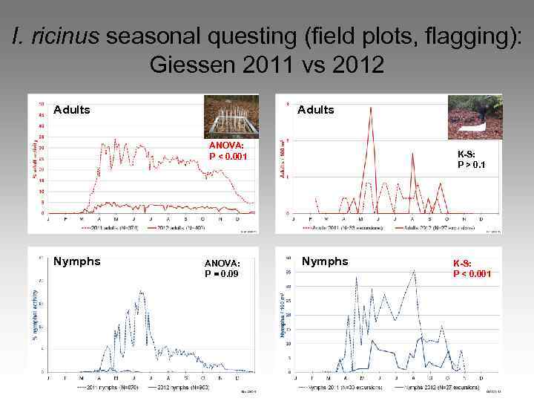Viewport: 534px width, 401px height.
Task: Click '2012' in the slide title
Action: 358,65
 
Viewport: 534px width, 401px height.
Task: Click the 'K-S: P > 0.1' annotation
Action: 471,160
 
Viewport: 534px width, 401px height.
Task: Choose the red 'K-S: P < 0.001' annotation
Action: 472,267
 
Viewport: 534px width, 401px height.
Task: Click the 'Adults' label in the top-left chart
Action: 72,110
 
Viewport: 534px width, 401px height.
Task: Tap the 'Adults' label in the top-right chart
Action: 316,110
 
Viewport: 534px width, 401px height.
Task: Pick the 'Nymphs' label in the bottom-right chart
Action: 325,261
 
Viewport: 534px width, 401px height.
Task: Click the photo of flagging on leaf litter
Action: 475,117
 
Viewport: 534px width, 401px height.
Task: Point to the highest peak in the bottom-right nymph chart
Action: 414,270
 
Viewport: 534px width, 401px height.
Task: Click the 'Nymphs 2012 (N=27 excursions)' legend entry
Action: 437,387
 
